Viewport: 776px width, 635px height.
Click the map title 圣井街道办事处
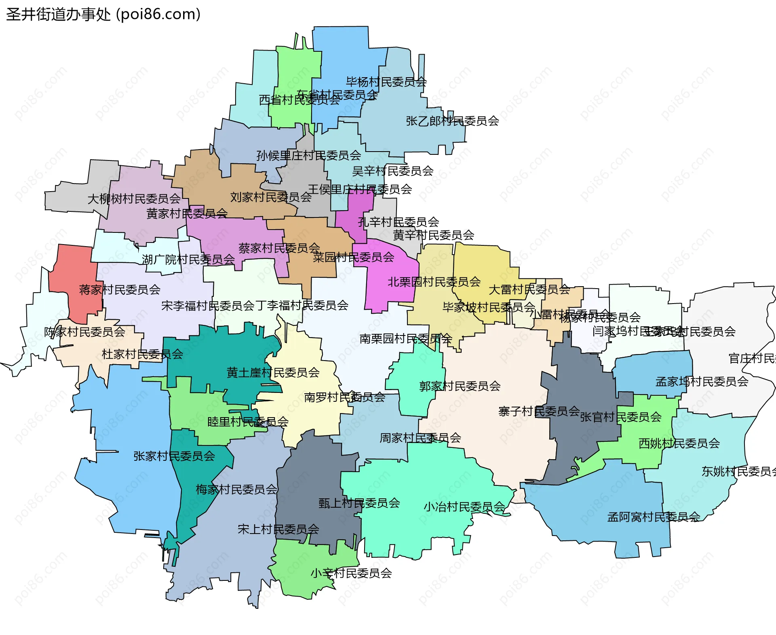(59, 15)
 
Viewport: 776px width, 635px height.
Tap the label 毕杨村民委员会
(386, 82)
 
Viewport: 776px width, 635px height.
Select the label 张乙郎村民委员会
(452, 121)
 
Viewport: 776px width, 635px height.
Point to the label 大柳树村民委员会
(134, 199)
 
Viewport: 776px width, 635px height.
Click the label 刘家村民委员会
(271, 197)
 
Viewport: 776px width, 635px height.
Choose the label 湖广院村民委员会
(188, 259)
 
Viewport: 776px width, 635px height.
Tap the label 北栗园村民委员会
(434, 282)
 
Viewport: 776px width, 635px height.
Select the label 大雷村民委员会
(529, 289)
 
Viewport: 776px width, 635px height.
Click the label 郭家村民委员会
(460, 386)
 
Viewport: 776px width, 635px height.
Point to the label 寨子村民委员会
(539, 411)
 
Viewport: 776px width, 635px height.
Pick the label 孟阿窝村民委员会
(654, 517)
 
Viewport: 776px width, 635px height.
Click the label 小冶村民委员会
(464, 507)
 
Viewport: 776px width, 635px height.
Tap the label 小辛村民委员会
(351, 573)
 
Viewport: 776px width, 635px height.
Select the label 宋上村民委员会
(278, 529)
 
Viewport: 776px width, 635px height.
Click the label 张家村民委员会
(174, 456)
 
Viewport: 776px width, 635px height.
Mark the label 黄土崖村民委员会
(273, 372)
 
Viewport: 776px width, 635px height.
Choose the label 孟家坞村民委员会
(702, 382)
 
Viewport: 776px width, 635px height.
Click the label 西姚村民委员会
(679, 443)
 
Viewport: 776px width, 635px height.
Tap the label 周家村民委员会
(420, 438)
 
